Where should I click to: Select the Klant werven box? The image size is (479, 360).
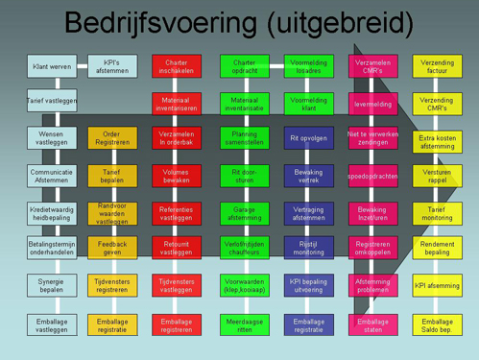(51, 66)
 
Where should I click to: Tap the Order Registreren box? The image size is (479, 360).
(112, 137)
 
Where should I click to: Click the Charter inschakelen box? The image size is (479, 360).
(177, 66)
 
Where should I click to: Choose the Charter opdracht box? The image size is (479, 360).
(244, 66)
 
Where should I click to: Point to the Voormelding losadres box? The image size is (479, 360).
(308, 66)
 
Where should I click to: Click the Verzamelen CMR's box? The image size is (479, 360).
(372, 66)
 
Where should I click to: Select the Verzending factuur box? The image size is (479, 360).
(437, 66)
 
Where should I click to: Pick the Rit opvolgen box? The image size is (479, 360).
(308, 137)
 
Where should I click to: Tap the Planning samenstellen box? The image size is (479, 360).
(244, 137)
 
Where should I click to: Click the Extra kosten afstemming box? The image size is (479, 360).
(437, 141)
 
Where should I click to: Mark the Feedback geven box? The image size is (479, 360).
(112, 249)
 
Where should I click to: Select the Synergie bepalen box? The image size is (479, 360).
(51, 285)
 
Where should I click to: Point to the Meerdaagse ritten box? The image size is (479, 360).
(244, 324)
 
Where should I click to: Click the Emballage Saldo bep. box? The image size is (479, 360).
(437, 324)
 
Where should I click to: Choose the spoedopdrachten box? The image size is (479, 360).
(372, 176)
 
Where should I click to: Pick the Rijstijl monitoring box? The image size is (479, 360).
(308, 249)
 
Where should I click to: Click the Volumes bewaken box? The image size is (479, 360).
(177, 176)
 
